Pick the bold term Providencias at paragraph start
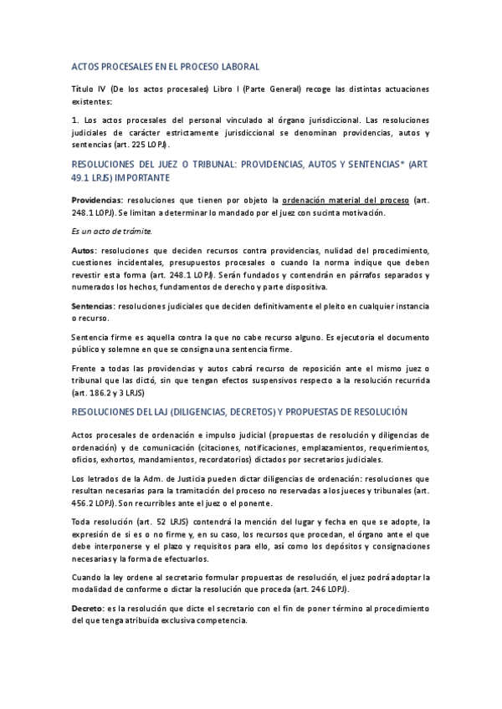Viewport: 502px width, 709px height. click(x=97, y=201)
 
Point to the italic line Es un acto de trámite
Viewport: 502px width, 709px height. click(x=111, y=230)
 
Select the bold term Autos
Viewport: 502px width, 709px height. click(x=84, y=252)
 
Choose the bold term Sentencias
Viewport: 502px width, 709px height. click(x=93, y=307)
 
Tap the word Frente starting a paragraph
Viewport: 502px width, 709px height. click(x=87, y=368)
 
